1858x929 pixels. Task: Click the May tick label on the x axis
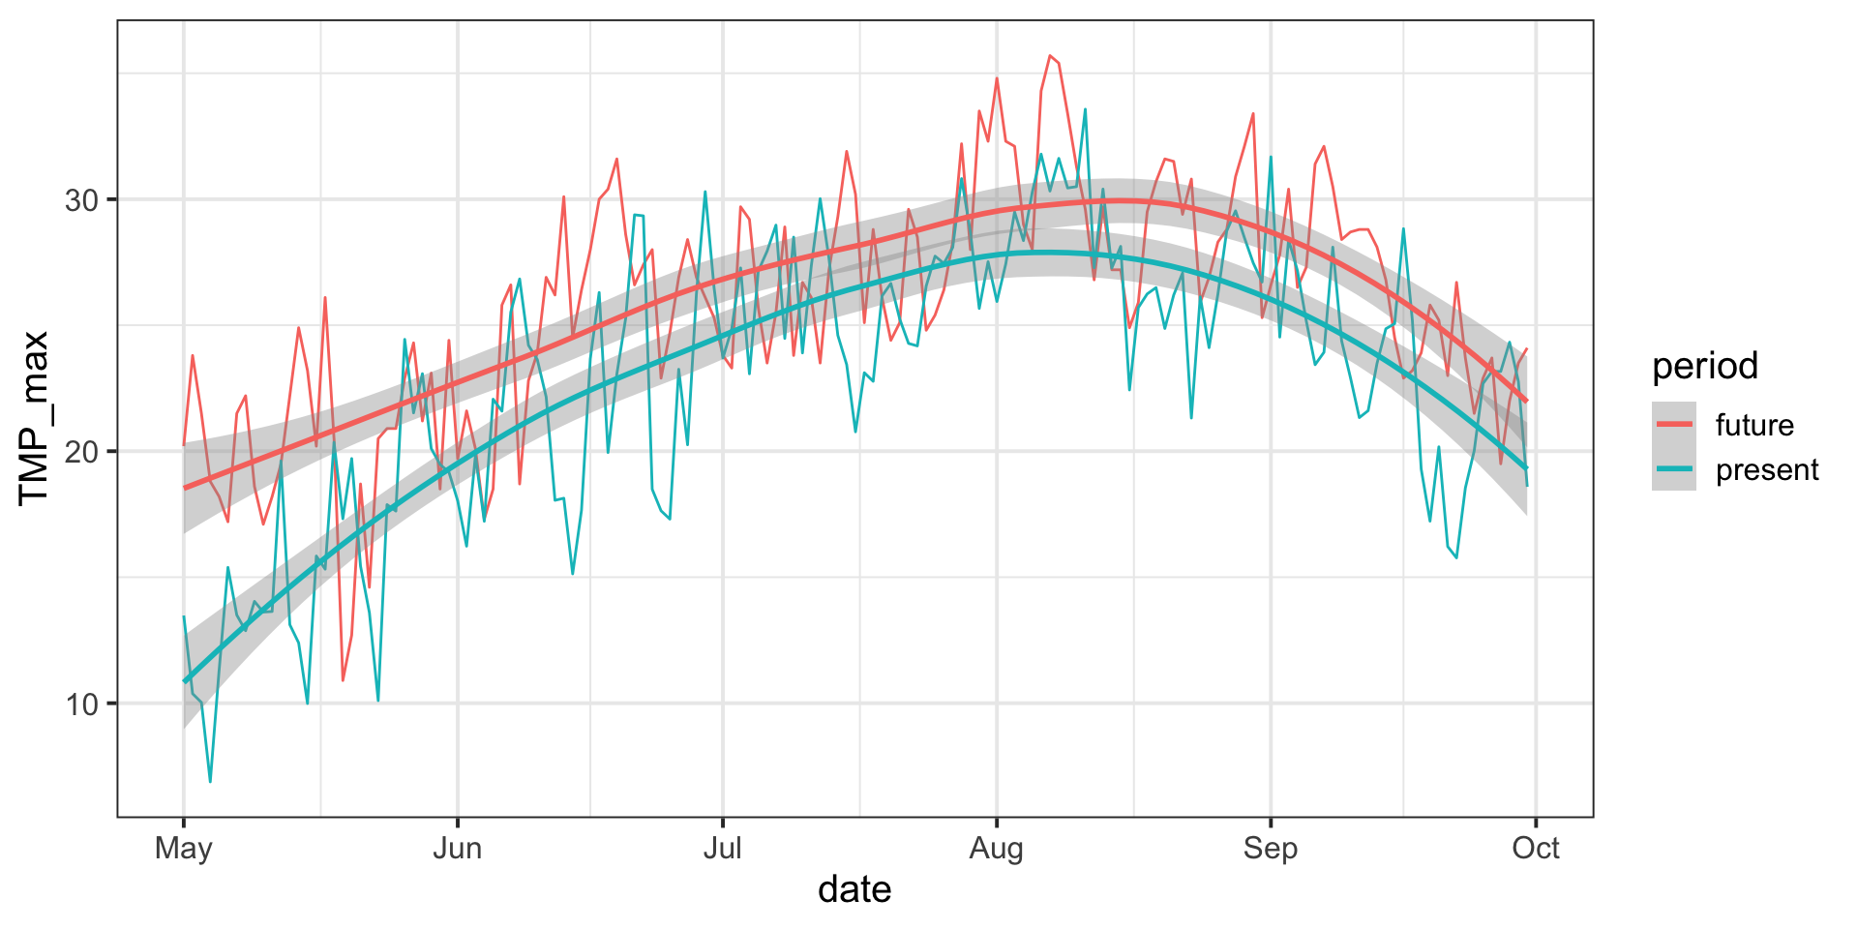pyautogui.click(x=183, y=849)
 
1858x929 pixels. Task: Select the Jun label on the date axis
pyautogui.click(x=457, y=849)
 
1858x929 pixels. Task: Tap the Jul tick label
pyautogui.click(x=722, y=849)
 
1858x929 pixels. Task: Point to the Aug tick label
pyautogui.click(x=996, y=849)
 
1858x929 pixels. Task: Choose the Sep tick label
pyautogui.click(x=1270, y=849)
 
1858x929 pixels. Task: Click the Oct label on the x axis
pyautogui.click(x=1536, y=849)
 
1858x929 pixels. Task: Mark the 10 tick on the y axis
pyautogui.click(x=82, y=704)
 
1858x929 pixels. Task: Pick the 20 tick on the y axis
pyautogui.click(x=82, y=452)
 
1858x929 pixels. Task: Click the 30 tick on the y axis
pyautogui.click(x=82, y=200)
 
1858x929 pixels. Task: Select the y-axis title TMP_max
pyautogui.click(x=35, y=418)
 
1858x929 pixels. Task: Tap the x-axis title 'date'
pyautogui.click(x=854, y=889)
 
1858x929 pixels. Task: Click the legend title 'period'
pyautogui.click(x=1705, y=367)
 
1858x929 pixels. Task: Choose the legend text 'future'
pyautogui.click(x=1754, y=425)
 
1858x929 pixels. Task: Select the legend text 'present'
pyautogui.click(x=1767, y=469)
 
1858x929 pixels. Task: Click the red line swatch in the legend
pyautogui.click(x=1674, y=425)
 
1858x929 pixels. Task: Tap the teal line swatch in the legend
pyautogui.click(x=1674, y=469)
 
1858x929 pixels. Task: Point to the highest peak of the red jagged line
pyautogui.click(x=1049, y=56)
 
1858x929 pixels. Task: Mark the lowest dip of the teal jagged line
pyautogui.click(x=210, y=780)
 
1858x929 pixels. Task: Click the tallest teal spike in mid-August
pyautogui.click(x=1085, y=109)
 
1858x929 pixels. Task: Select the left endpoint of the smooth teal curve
pyautogui.click(x=184, y=681)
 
